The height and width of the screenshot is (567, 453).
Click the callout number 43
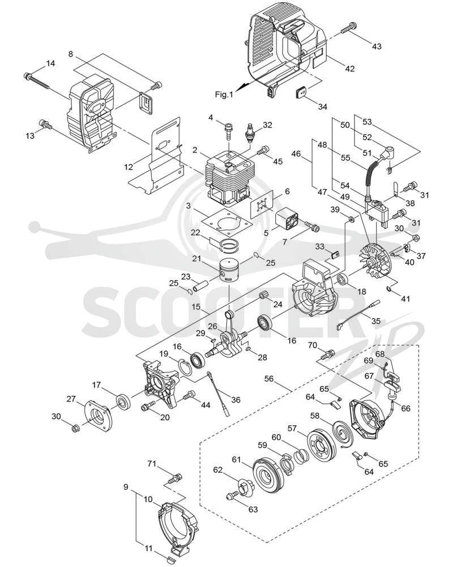pos(376,46)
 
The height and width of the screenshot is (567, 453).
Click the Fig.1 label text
pos(224,95)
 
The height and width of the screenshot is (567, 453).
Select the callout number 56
pos(269,379)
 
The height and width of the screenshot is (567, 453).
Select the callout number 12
pos(129,167)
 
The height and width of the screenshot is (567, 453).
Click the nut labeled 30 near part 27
pos(75,429)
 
